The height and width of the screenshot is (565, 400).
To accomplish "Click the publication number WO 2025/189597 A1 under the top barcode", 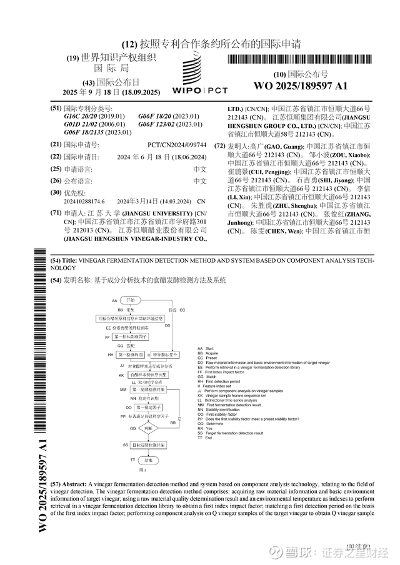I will click(300, 86).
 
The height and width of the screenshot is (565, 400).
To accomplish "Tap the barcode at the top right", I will click(300, 61).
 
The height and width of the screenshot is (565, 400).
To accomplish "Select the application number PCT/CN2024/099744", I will click(177, 144).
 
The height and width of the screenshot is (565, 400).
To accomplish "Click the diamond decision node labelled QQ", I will click(147, 429).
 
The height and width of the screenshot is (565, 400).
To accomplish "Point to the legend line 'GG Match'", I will click(208, 377).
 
